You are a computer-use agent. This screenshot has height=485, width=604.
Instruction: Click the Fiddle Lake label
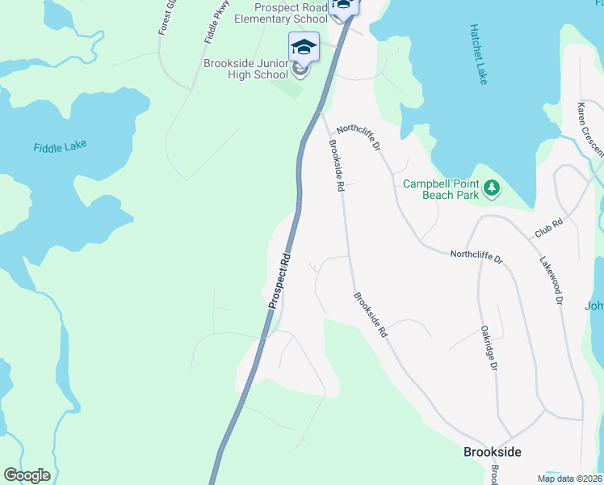(x=60, y=147)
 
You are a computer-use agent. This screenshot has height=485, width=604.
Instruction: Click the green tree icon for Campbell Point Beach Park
(x=491, y=189)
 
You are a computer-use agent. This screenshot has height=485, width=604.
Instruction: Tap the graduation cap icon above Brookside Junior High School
(x=304, y=46)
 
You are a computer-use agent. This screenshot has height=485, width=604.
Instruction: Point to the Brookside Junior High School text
(x=245, y=69)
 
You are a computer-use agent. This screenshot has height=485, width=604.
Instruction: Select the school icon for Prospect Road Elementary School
(x=344, y=4)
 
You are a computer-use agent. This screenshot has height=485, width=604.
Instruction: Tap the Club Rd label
(x=547, y=228)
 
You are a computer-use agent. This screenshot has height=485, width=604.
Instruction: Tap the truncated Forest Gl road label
(x=166, y=17)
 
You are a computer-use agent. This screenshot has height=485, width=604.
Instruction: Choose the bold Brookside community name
(x=492, y=452)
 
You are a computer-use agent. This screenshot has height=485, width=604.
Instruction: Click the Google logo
(x=27, y=475)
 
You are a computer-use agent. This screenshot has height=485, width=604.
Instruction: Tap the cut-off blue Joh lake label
(x=594, y=306)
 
